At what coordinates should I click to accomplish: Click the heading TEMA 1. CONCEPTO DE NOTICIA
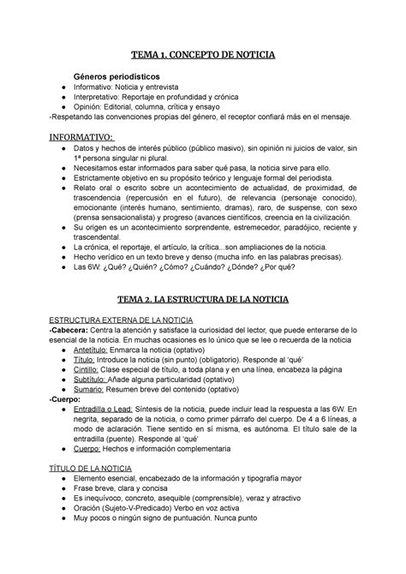click(203, 55)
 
